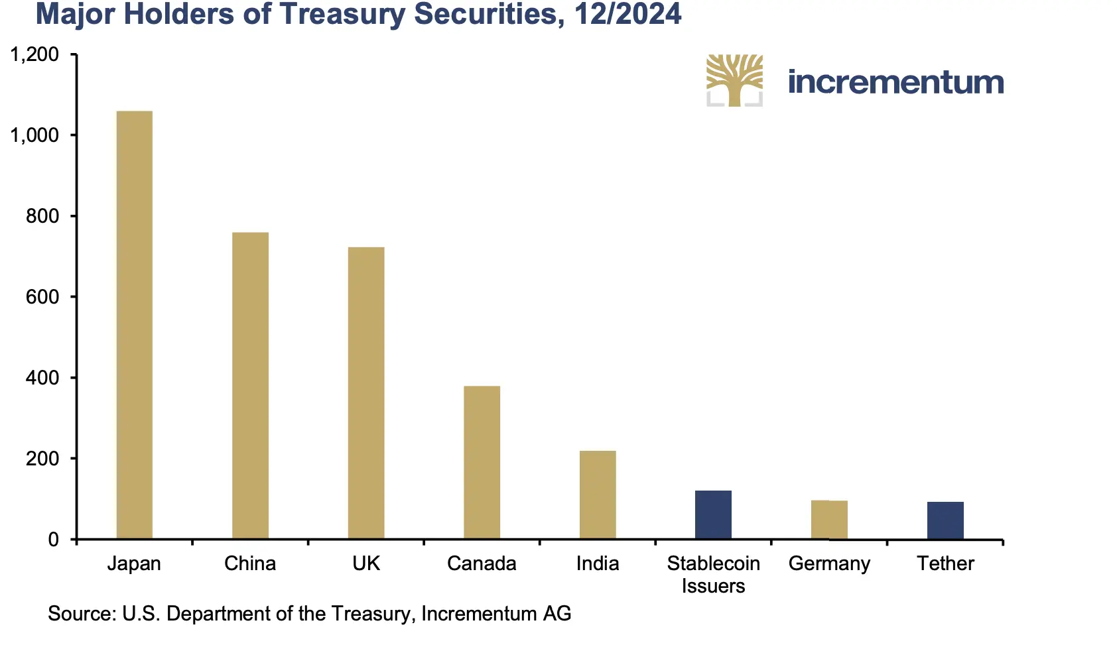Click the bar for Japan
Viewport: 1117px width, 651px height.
[x=134, y=325]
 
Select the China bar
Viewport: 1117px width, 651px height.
[x=250, y=385]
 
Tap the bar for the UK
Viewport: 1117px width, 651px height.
[x=366, y=392]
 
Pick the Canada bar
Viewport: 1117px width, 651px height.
[x=482, y=462]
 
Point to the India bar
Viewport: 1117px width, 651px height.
[x=598, y=495]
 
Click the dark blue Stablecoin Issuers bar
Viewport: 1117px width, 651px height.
[x=713, y=514]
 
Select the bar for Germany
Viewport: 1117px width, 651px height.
[x=829, y=520]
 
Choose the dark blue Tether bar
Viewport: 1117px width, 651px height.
[x=945, y=520]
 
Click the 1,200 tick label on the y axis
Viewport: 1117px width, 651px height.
[x=34, y=54]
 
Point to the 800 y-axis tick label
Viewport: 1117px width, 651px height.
[x=42, y=216]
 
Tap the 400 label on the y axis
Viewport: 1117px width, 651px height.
[x=42, y=378]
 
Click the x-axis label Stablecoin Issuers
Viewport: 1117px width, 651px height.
[x=713, y=574]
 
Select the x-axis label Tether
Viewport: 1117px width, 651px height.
[x=945, y=563]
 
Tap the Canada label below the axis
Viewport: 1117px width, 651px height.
[x=482, y=563]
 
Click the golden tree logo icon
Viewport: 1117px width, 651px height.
[x=734, y=80]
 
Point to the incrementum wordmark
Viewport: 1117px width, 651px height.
[x=895, y=82]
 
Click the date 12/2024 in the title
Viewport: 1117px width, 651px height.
[x=627, y=15]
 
